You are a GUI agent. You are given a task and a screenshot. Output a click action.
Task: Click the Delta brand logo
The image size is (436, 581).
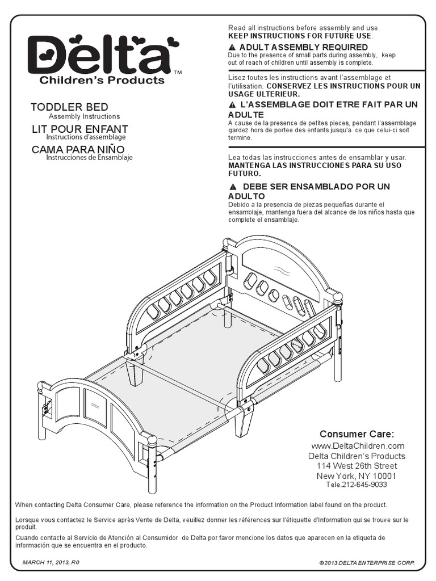[104, 54]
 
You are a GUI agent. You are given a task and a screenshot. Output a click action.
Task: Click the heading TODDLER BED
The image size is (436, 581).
[69, 107]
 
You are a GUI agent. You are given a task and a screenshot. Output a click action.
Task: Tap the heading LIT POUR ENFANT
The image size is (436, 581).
[79, 129]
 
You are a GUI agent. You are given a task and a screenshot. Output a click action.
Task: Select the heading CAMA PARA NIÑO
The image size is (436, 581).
[78, 149]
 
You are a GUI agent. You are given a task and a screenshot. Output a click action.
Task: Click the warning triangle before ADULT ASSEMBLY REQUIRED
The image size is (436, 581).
[232, 48]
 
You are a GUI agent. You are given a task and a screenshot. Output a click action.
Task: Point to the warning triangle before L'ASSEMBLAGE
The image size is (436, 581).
[232, 104]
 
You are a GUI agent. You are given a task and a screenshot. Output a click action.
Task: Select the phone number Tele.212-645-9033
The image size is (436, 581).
[357, 485]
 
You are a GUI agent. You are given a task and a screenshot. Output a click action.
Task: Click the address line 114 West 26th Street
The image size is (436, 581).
[357, 466]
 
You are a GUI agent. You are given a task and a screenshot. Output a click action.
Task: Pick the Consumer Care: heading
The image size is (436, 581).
[357, 434]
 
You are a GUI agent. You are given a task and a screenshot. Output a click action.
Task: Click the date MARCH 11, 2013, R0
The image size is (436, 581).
[51, 562]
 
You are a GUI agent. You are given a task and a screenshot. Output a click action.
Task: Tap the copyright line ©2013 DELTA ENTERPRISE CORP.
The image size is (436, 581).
[367, 562]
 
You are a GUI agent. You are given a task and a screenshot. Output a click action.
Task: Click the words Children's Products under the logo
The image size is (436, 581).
[102, 80]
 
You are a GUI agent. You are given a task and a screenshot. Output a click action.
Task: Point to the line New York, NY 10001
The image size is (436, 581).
[357, 476]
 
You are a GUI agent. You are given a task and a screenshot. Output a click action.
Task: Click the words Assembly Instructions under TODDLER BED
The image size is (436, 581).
[84, 116]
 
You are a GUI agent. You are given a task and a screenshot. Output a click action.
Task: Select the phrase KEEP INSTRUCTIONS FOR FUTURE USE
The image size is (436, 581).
[300, 36]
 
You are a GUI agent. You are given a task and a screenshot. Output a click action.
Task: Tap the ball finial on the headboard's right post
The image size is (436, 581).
[338, 299]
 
